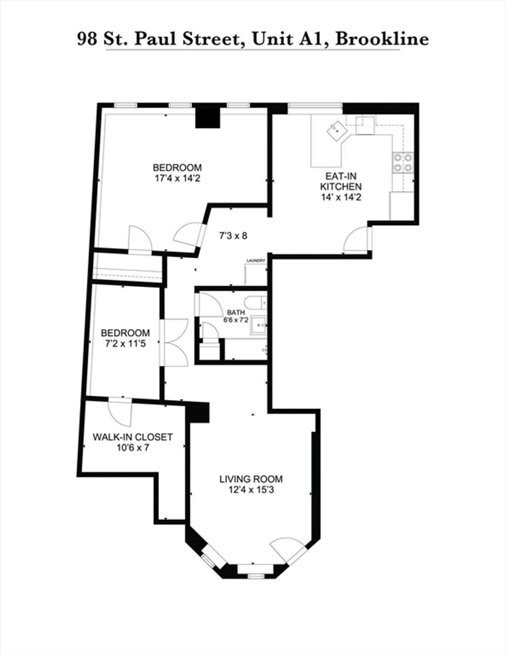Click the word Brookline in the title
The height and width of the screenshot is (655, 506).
click(x=382, y=39)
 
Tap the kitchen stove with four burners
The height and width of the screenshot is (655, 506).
click(x=403, y=163)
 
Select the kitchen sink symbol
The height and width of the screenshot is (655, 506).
click(x=337, y=131)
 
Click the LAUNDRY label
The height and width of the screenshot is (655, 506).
click(x=256, y=260)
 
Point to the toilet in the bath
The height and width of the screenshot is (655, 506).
click(x=256, y=302)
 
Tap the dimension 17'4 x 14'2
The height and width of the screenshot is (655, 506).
click(x=177, y=179)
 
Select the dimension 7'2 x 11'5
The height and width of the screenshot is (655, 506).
click(x=125, y=344)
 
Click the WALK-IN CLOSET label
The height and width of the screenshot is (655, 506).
click(x=133, y=437)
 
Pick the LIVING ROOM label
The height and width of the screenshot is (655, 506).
click(x=251, y=479)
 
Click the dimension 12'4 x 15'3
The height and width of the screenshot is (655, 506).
click(x=251, y=490)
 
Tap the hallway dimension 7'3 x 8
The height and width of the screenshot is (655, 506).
click(x=233, y=235)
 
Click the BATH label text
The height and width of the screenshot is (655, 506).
click(x=236, y=313)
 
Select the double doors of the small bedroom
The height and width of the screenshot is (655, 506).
click(x=174, y=342)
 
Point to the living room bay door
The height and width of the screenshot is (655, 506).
click(x=288, y=550)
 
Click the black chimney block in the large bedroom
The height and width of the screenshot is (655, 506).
click(x=208, y=118)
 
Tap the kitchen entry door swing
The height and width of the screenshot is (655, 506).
click(x=357, y=239)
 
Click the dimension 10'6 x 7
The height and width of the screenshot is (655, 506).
click(x=133, y=448)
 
